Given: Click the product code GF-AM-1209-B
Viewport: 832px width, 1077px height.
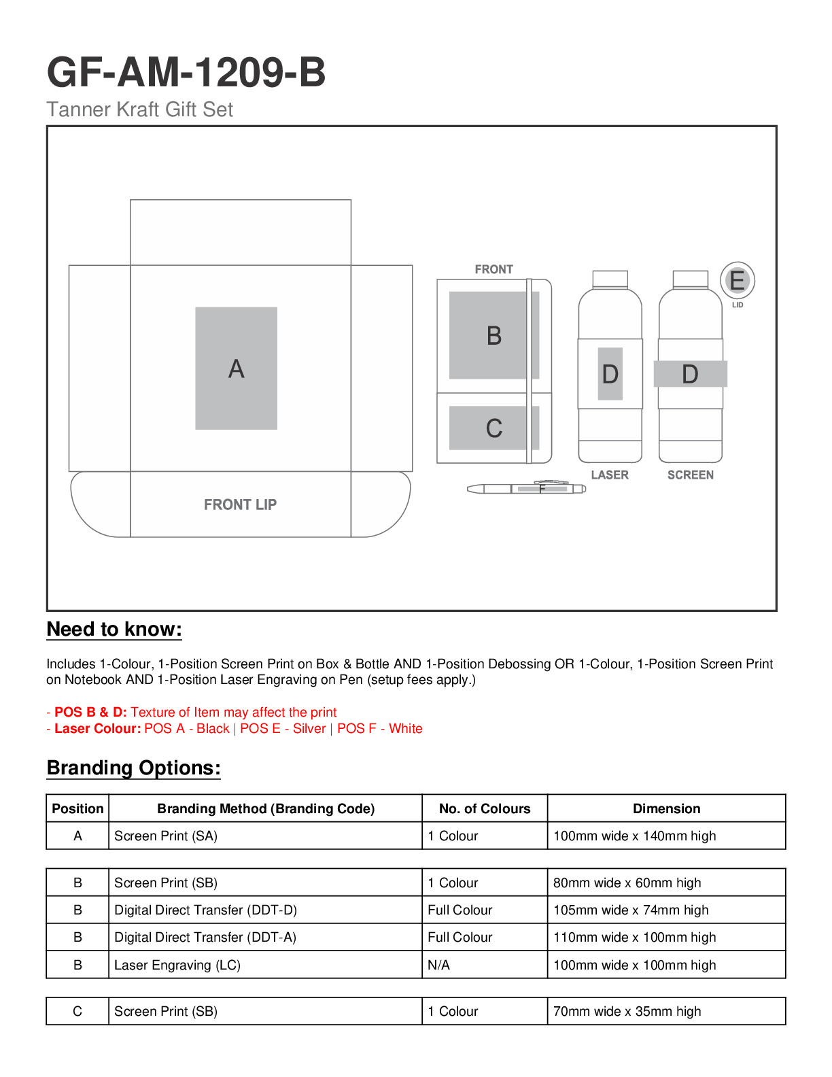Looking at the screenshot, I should [186, 72].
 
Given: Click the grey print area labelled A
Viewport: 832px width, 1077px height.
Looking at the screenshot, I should [236, 368].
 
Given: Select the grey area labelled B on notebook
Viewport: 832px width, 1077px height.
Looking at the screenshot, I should [493, 335].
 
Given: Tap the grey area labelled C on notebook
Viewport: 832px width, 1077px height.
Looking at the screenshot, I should [493, 428].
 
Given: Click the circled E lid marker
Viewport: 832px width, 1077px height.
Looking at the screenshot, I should [738, 280].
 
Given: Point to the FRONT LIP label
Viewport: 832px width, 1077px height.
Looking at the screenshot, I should [240, 505].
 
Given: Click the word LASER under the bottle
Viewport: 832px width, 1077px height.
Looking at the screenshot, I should [610, 475].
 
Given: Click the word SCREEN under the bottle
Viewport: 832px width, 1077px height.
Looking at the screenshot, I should [690, 475].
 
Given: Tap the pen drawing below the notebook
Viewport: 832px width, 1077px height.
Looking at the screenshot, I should [525, 489].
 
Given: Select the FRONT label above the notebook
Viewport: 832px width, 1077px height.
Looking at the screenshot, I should [493, 269].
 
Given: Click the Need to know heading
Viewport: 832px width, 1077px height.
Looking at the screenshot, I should [114, 630].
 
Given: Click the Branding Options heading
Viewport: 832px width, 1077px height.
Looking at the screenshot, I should [133, 768].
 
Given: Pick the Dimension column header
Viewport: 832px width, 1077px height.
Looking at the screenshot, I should [666, 808].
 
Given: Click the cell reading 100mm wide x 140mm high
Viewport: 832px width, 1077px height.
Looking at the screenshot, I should [634, 836].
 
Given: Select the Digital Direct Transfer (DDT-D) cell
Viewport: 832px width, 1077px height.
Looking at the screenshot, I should [205, 910].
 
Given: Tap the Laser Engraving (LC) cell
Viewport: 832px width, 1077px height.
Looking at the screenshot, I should [177, 965].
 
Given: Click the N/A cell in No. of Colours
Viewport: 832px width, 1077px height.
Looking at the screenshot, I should [439, 965].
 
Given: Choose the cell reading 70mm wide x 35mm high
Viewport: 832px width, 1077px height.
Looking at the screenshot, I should [627, 1011].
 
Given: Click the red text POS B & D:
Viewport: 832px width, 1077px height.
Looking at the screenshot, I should [90, 712].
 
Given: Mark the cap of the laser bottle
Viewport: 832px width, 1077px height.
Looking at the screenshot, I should [610, 279].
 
